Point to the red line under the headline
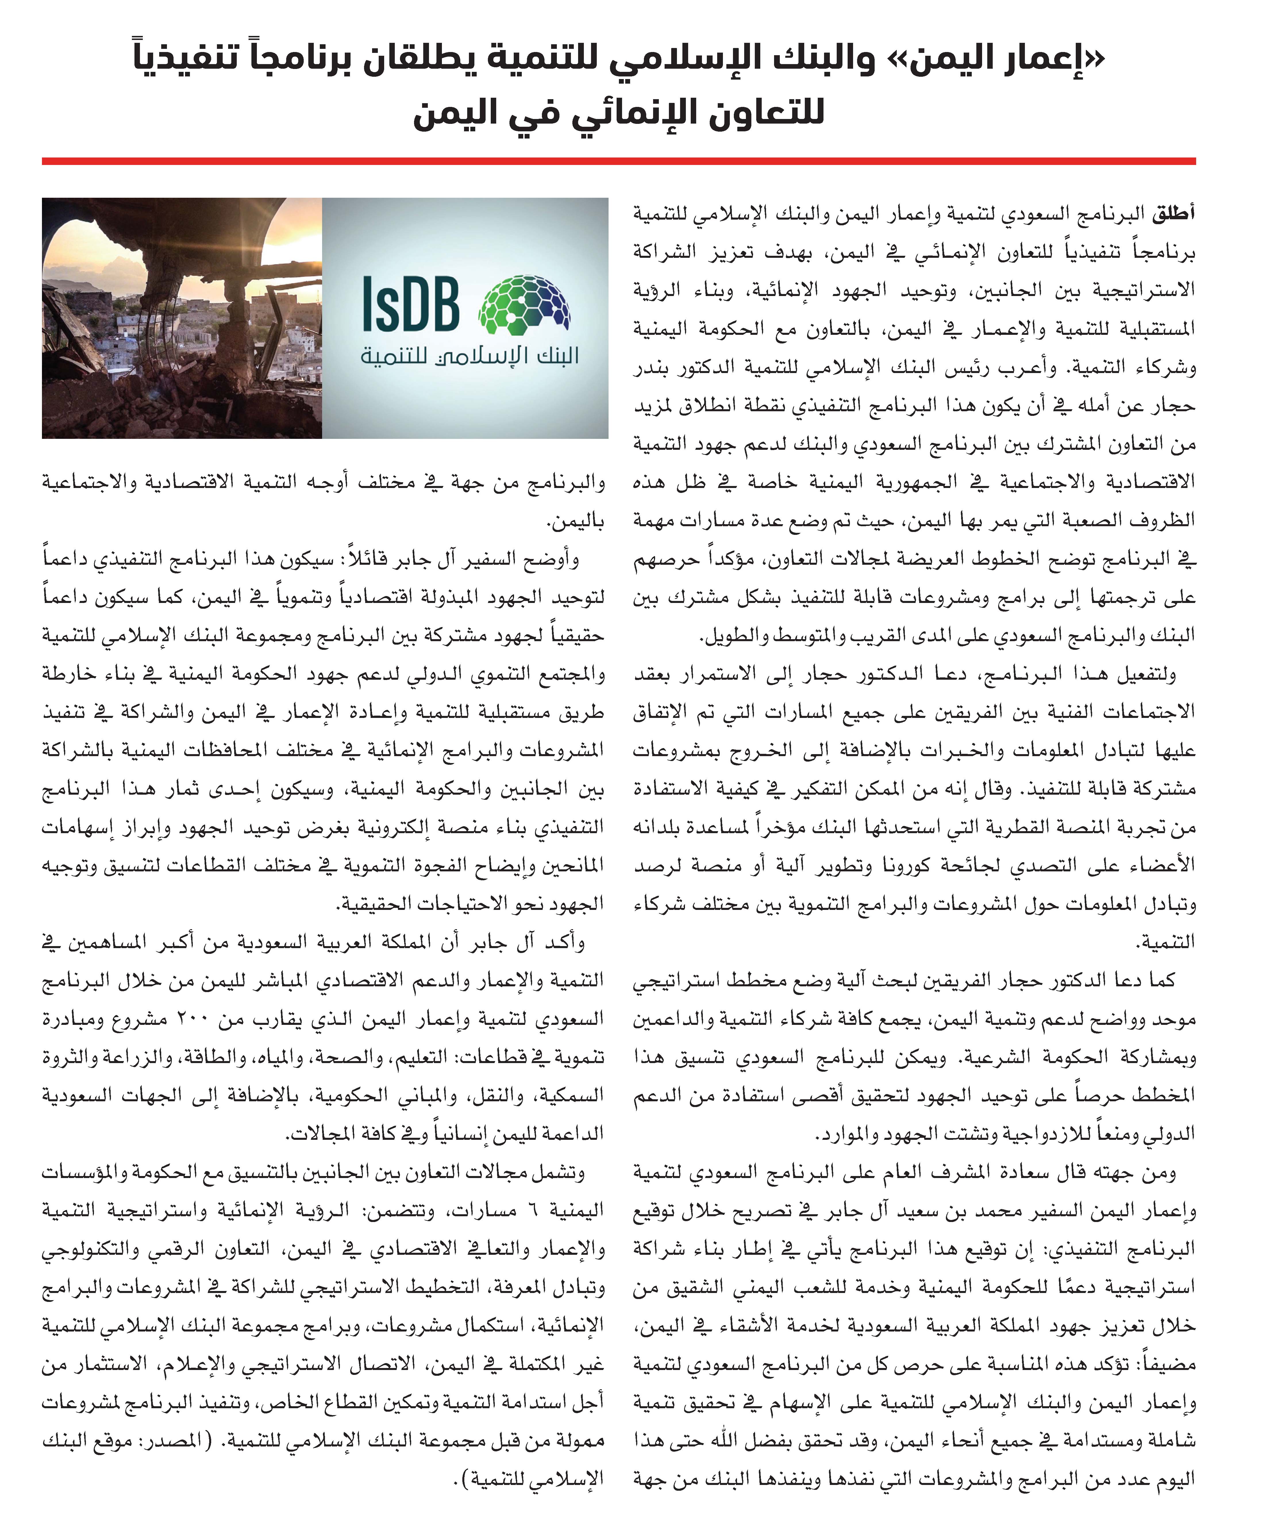coord(619,161)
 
